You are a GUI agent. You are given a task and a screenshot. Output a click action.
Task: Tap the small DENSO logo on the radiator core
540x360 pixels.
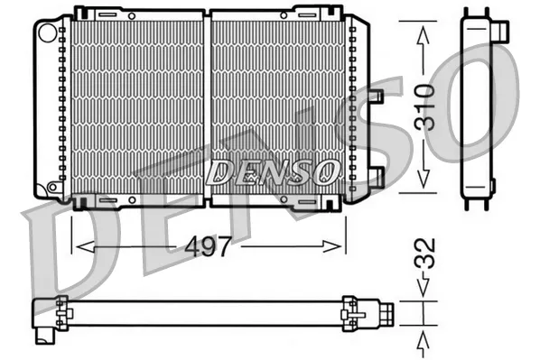(x=271, y=170)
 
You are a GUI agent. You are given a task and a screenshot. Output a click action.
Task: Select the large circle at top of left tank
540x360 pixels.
(x=47, y=32)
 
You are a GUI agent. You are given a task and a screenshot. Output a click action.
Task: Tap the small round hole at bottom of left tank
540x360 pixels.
(x=53, y=187)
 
